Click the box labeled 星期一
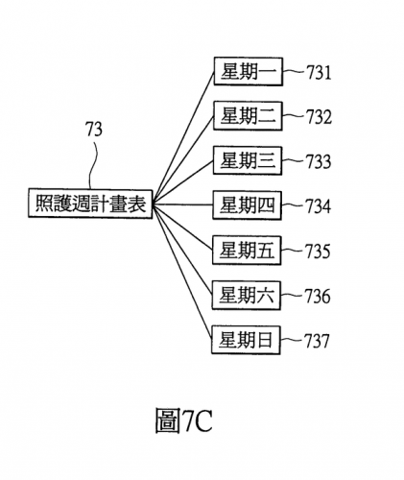249,71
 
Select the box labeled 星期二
248,116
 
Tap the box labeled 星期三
248,160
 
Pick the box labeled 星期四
248,205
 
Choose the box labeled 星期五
247,251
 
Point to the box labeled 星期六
247,296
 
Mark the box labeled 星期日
246,340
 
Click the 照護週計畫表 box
90,204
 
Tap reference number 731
319,72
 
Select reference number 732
319,117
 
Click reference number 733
319,161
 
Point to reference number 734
318,206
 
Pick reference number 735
318,252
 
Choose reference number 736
318,296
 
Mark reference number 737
317,341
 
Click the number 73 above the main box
94,130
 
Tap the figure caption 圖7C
184,420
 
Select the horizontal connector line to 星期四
183,204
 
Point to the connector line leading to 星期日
182,273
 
